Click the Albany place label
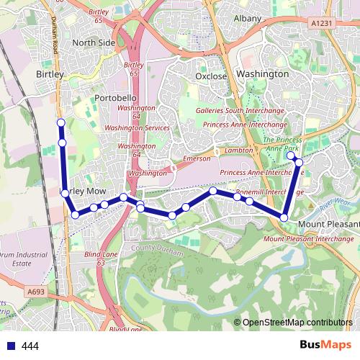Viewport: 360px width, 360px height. pos(247,17)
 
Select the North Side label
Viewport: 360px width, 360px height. pos(93,42)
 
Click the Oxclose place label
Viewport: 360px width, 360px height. pos(211,76)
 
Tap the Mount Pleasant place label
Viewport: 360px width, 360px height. pos(328,223)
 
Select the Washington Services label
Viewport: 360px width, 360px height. pos(137,127)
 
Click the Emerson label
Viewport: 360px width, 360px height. pos(197,158)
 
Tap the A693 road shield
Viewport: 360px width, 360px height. pos(37,292)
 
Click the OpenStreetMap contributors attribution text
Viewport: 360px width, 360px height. pos(297,323)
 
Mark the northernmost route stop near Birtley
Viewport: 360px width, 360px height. pos(61,123)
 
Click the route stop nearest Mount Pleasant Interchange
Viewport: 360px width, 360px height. pos(284,217)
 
